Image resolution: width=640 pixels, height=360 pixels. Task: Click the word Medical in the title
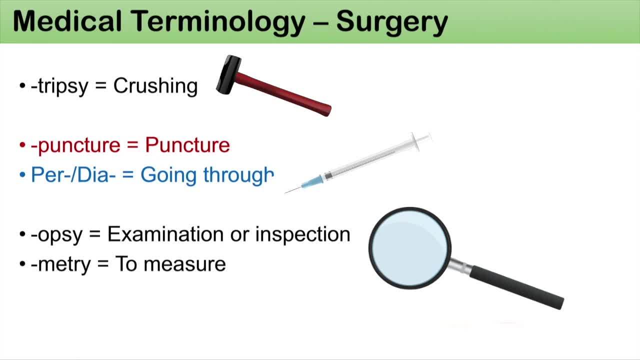(x=67, y=21)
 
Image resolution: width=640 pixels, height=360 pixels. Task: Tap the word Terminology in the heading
(x=218, y=23)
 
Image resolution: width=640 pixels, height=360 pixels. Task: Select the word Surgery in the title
(x=392, y=23)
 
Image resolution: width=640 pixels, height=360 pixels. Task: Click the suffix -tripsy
(x=59, y=85)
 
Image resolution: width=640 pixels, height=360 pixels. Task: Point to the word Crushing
(x=155, y=85)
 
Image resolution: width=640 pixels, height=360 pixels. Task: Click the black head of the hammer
(x=228, y=75)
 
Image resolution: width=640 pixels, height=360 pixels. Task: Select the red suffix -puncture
(x=75, y=145)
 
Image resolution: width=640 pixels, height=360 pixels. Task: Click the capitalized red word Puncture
(x=187, y=145)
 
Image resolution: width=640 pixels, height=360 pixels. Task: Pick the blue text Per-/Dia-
(x=73, y=175)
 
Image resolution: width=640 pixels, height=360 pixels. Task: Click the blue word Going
(x=168, y=175)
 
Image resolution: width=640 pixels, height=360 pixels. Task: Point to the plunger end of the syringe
(x=422, y=140)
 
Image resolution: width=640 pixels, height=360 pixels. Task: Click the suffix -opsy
(x=56, y=235)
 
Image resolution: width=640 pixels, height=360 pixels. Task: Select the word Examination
(x=165, y=234)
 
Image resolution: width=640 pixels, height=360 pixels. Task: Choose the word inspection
(x=302, y=235)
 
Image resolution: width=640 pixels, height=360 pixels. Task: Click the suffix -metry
(x=60, y=264)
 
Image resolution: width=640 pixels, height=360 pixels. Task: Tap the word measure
(x=184, y=264)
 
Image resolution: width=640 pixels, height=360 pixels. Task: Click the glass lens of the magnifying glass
(x=410, y=248)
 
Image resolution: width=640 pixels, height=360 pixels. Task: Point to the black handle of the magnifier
(x=517, y=287)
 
